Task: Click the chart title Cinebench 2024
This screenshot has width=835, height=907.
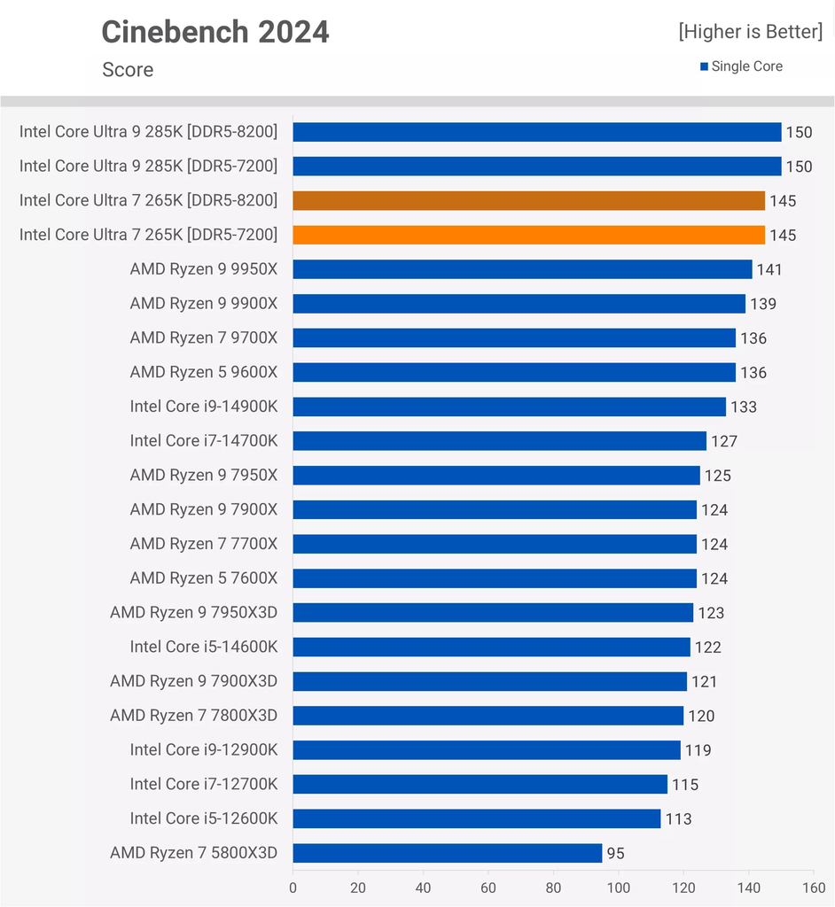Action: click(x=215, y=32)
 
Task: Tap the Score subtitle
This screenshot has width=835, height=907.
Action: click(x=128, y=69)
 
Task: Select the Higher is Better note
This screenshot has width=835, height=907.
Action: click(x=751, y=31)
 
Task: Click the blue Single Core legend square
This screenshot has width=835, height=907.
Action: click(x=704, y=66)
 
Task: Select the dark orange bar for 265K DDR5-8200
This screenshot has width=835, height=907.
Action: click(x=528, y=201)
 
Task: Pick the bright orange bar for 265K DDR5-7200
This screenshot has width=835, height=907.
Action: click(x=528, y=235)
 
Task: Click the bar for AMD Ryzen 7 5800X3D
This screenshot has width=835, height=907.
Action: click(x=448, y=853)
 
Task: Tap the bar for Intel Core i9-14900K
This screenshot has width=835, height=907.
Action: click(x=510, y=407)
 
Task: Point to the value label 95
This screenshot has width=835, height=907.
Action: click(x=615, y=853)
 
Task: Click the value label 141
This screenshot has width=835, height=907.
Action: click(x=769, y=269)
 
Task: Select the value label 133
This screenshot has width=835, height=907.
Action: click(x=744, y=407)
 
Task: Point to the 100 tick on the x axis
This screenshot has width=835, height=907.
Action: click(x=619, y=888)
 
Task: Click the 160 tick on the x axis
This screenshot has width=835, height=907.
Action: click(x=814, y=888)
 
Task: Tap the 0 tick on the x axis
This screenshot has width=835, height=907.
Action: click(x=293, y=888)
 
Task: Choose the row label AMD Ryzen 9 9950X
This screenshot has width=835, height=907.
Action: click(x=204, y=269)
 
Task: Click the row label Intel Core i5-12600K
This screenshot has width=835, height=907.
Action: click(x=204, y=818)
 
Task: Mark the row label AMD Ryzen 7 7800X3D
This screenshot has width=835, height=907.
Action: click(x=194, y=715)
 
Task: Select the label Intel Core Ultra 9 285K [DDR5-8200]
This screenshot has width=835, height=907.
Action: click(x=148, y=132)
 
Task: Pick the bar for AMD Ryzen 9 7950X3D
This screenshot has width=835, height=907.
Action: click(x=494, y=613)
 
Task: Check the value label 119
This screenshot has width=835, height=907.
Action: click(x=698, y=750)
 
